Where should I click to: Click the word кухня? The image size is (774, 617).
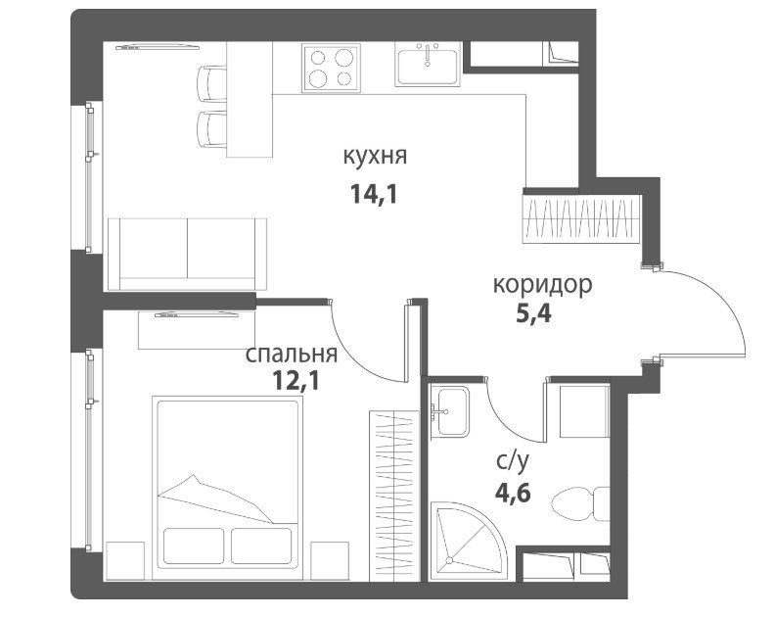point(375,156)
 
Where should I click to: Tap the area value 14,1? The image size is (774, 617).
point(374,194)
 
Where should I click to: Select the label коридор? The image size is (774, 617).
point(542,286)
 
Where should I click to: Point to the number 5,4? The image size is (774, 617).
point(533,313)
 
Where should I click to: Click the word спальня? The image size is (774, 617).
point(292,355)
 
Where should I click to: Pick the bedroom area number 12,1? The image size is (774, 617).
point(296,381)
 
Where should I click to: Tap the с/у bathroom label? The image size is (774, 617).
point(513,461)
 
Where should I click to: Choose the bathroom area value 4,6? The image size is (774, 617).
point(513,493)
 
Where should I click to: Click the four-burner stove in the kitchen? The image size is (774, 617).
point(331,68)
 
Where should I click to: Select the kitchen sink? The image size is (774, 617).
point(428,64)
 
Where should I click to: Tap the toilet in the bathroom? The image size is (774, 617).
point(580,503)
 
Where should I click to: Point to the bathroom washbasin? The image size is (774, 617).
point(449,411)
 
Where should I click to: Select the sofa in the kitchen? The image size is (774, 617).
point(188,254)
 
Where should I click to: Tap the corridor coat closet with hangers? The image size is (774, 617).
point(582,218)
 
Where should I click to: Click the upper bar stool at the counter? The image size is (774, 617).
point(211,83)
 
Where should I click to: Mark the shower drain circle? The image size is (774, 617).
point(449,560)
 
